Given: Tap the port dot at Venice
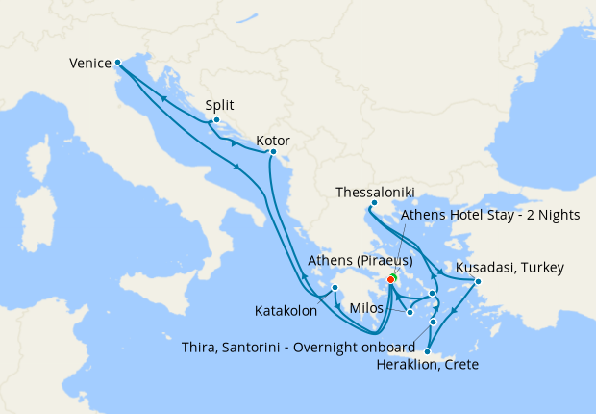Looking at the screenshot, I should point(117,64).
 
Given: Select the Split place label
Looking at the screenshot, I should point(220,105).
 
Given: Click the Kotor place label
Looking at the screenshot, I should point(273,141).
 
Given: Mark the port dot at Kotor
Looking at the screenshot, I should point(273,152).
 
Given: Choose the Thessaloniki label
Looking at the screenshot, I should point(380,193).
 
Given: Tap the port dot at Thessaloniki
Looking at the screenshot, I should point(373,203).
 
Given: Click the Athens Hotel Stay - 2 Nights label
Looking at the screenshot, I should point(490,215).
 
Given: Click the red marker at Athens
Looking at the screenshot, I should point(390,279).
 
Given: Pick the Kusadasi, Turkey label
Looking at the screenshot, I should point(510,266).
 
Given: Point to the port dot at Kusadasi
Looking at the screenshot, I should point(478,280).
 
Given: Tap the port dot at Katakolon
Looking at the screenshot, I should point(335,287).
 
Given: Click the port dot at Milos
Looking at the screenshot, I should point(410,311).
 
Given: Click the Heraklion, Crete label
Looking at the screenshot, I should point(429,365).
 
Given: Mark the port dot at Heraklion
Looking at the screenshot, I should point(427,351).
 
